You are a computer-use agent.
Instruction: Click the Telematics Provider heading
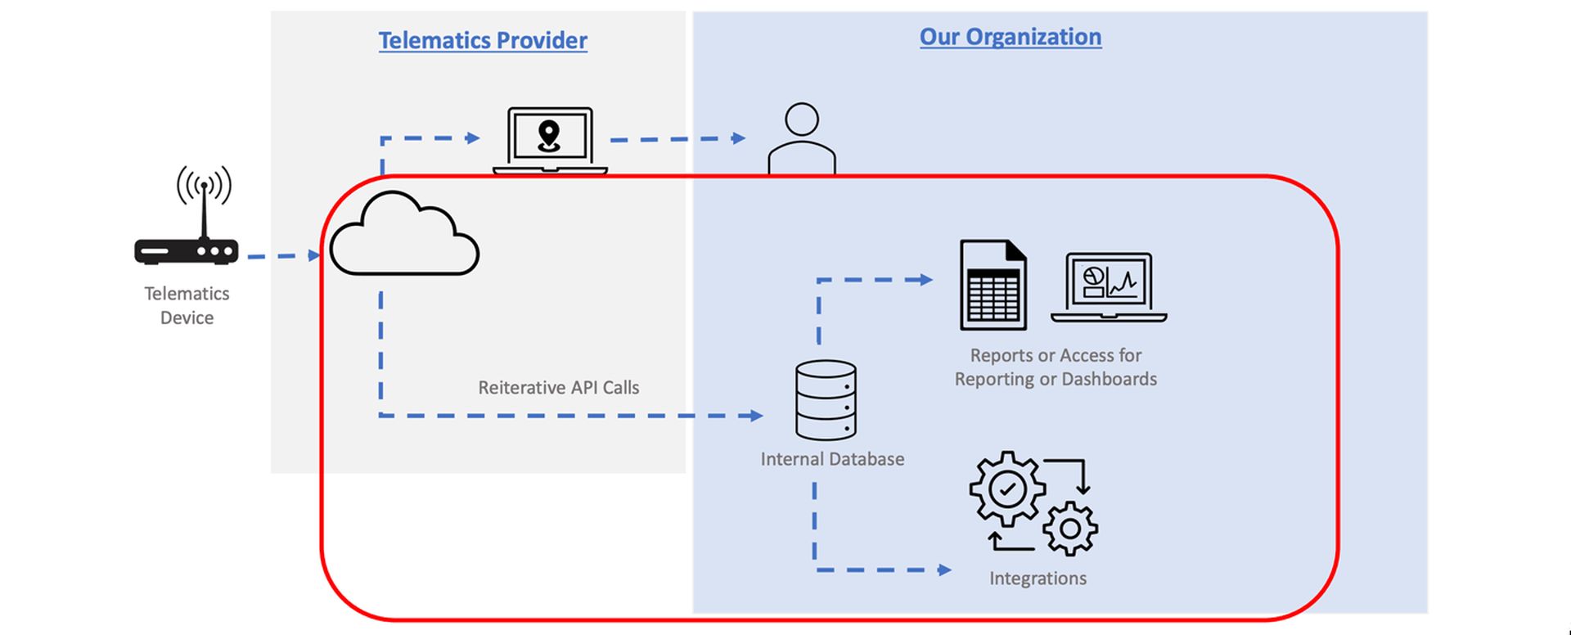pyautogui.click(x=483, y=40)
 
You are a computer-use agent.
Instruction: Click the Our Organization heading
pyautogui.click(x=1011, y=37)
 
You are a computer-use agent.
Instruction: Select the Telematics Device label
pyautogui.click(x=187, y=305)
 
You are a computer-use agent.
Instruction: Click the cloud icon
pyautogui.click(x=404, y=233)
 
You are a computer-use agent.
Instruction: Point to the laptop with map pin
pyautogui.click(x=550, y=141)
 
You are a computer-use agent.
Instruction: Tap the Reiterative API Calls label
pyautogui.click(x=559, y=387)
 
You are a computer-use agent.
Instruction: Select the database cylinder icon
pyautogui.click(x=826, y=400)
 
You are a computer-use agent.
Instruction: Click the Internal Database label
pyautogui.click(x=832, y=459)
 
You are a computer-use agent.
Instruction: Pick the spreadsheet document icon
pyautogui.click(x=993, y=285)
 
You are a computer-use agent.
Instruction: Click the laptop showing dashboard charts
pyautogui.click(x=1109, y=287)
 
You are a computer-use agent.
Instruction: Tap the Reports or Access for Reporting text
pyautogui.click(x=1056, y=367)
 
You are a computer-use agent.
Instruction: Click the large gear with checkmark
pyautogui.click(x=1007, y=489)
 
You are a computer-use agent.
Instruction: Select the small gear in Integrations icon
pyautogui.click(x=1070, y=528)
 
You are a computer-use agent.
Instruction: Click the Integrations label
pyautogui.click(x=1038, y=579)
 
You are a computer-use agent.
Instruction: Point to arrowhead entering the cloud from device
pyautogui.click(x=314, y=256)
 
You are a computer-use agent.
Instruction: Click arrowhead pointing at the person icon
pyautogui.click(x=739, y=138)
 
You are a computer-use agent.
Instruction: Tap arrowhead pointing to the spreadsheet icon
pyautogui.click(x=925, y=280)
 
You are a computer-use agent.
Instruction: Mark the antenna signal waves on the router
pyautogui.click(x=205, y=185)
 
